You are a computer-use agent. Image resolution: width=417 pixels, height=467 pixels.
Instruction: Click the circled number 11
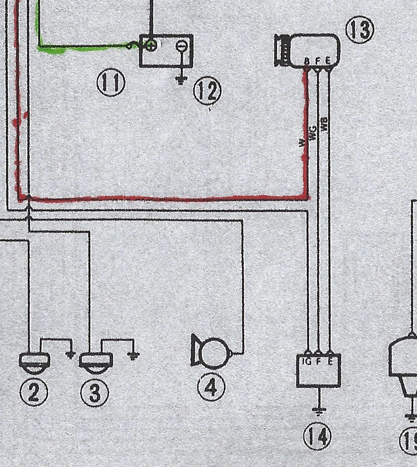click(x=111, y=84)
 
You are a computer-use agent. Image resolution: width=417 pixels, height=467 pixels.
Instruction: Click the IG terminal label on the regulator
click(x=306, y=361)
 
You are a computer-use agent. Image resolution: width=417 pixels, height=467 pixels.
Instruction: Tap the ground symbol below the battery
click(x=181, y=80)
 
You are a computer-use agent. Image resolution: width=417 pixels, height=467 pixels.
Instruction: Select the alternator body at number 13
click(x=314, y=49)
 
